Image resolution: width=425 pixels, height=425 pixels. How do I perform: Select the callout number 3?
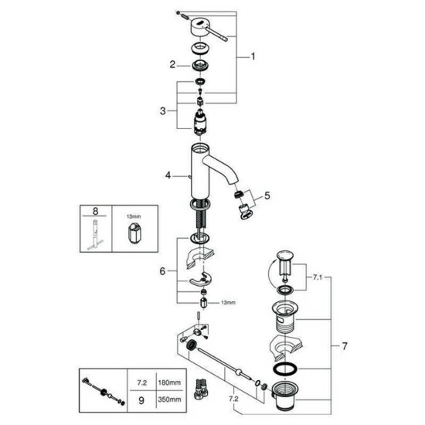click(162, 112)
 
